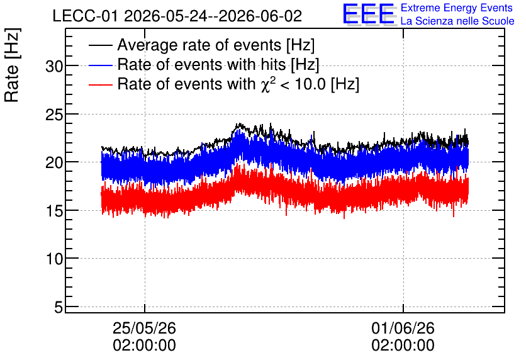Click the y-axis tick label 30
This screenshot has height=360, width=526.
54,67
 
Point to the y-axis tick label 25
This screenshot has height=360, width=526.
54,115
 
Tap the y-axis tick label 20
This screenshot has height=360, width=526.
54,164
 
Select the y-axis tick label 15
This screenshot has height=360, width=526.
54,211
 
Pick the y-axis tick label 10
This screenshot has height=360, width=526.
54,259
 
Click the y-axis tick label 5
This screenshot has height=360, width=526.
59,307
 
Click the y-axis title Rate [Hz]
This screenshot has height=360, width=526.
12,65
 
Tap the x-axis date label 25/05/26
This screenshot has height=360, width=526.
144,328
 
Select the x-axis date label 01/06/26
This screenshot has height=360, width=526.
403,328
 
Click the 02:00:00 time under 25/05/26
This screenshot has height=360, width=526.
144,346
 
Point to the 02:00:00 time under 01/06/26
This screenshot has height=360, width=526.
403,346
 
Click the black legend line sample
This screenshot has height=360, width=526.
100,45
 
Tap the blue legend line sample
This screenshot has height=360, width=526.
100,65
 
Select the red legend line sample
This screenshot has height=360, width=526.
100,84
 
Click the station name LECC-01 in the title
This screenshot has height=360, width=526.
86,16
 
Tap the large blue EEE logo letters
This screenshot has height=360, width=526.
369,14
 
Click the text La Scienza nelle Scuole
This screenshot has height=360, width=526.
457,21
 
